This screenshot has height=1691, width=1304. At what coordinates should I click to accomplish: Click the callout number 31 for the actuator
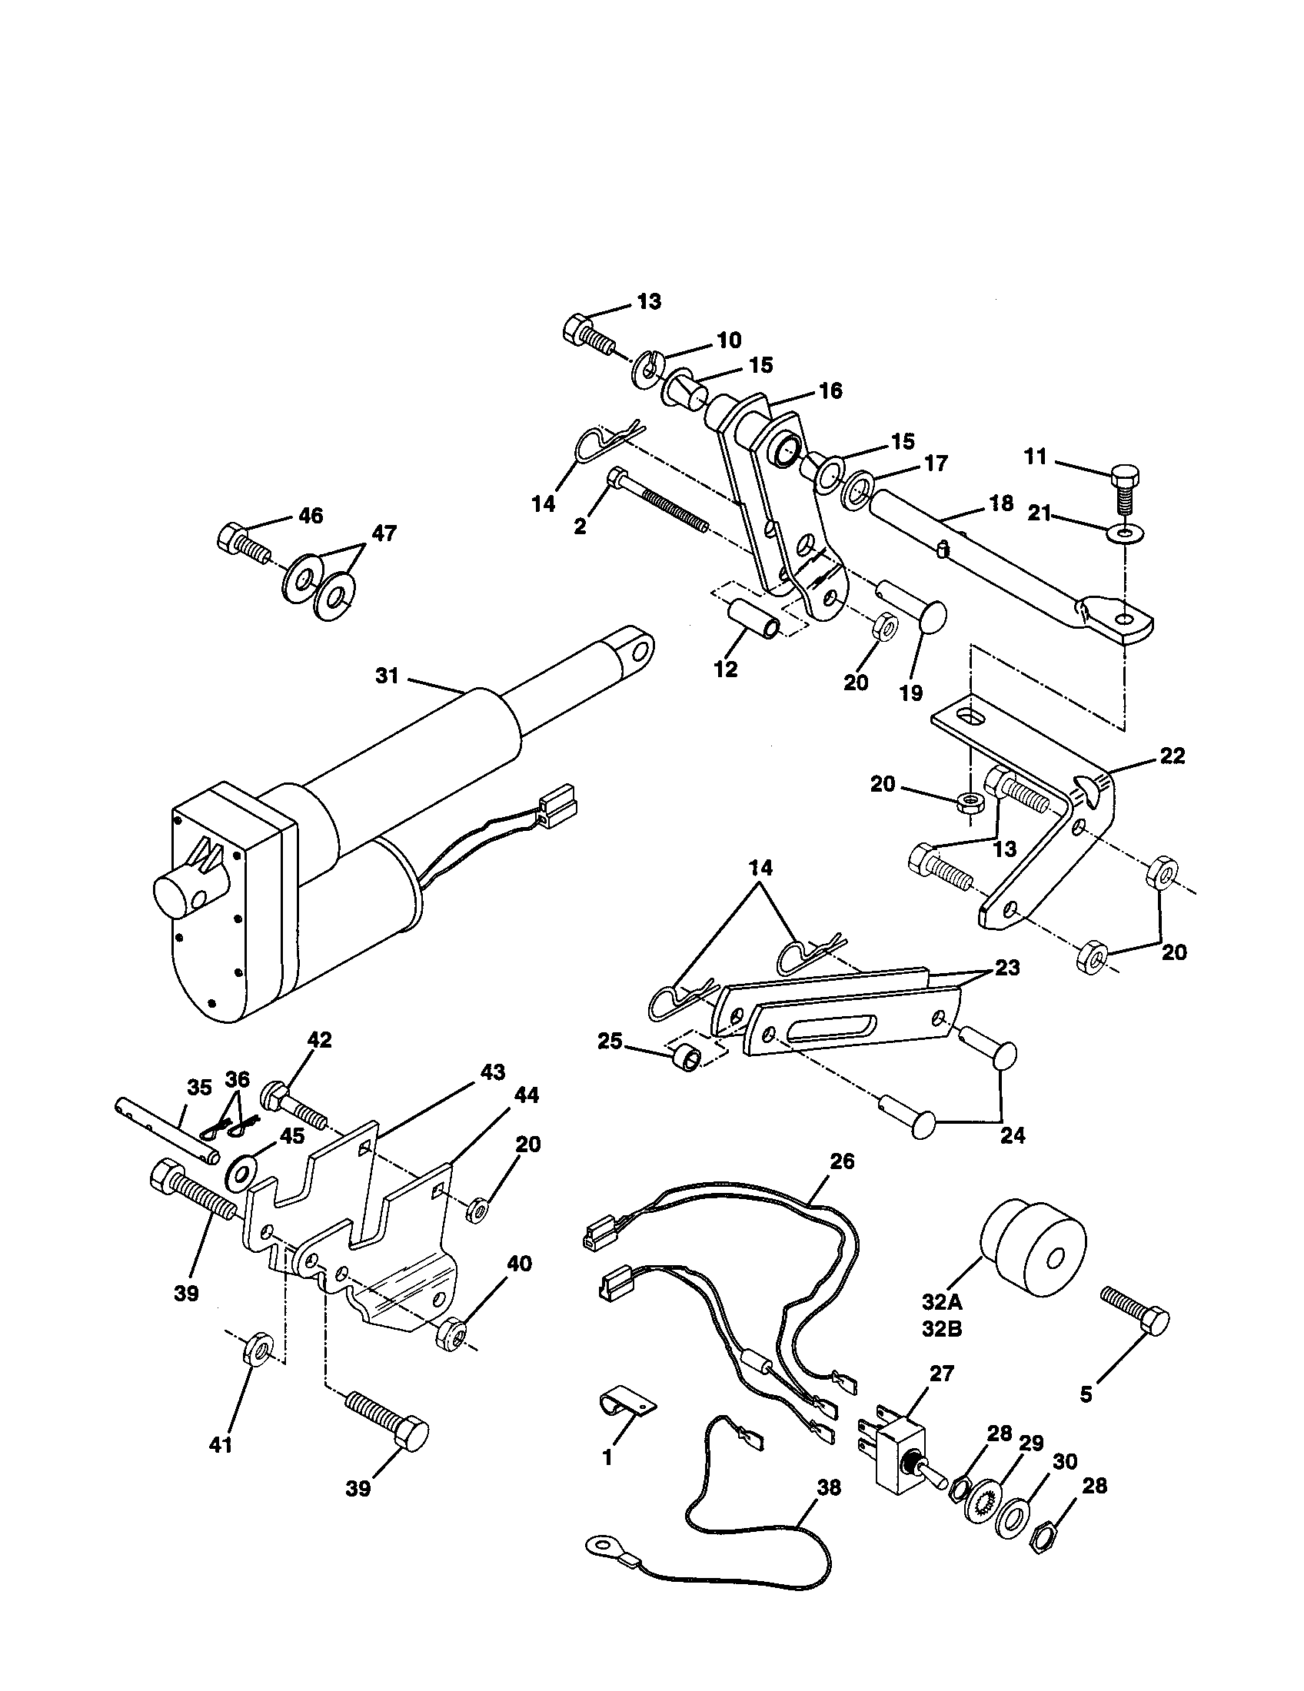click(387, 676)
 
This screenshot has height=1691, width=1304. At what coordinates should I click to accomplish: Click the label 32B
click(942, 1330)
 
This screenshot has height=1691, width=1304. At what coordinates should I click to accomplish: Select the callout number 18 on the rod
click(1001, 504)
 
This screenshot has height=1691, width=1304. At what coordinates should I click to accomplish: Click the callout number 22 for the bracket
click(1173, 756)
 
